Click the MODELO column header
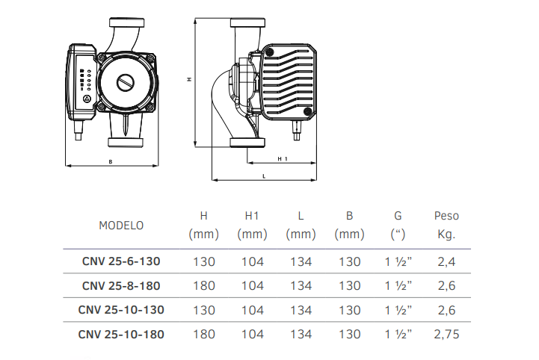click(x=121, y=226)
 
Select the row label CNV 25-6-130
click(x=121, y=261)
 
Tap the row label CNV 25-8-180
click(x=121, y=286)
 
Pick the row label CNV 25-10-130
click(x=121, y=310)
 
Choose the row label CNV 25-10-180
click(x=121, y=335)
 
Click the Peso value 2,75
click(x=446, y=335)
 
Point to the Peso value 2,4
click(x=446, y=261)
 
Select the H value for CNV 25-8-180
click(x=204, y=286)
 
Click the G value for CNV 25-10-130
click(x=398, y=310)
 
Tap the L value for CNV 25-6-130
click(x=301, y=261)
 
